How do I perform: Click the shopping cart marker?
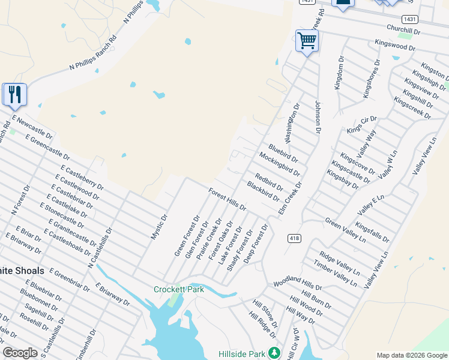tap(307, 41)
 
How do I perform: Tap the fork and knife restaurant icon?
tap(14, 94)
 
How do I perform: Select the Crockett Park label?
tap(179, 289)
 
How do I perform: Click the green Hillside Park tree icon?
tap(274, 353)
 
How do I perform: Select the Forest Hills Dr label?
tap(228, 199)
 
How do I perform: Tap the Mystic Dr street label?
tap(158, 227)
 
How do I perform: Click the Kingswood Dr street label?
tap(394, 45)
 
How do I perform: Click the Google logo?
tap(20, 353)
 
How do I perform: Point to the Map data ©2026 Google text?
tap(412, 355)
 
